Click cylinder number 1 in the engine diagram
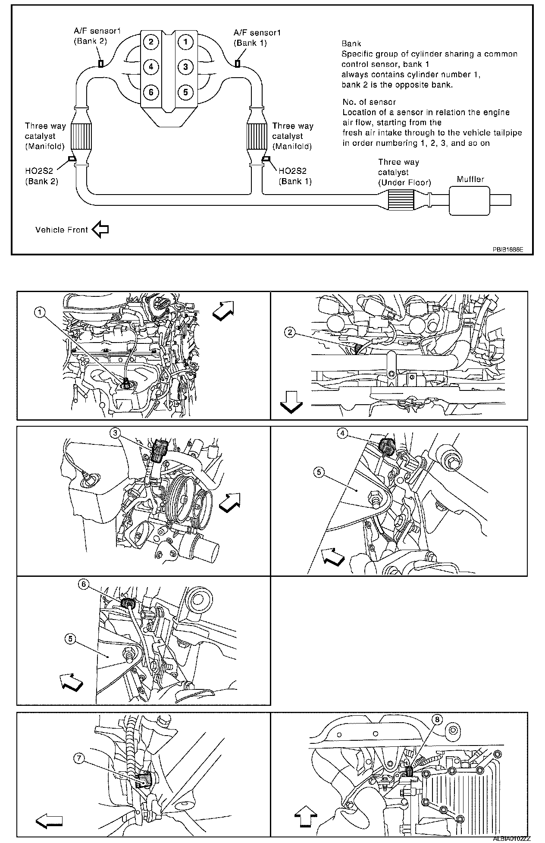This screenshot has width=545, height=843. coord(186,42)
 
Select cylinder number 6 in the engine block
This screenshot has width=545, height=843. coord(151,91)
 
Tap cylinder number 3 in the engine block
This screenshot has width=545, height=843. coord(186,66)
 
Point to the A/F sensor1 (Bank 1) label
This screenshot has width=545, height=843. coord(250,38)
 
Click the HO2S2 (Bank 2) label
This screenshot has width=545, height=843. coord(41,176)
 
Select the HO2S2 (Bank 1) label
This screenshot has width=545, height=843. coord(295,176)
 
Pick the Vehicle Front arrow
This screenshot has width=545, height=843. coord(100,230)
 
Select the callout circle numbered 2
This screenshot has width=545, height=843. coord(290,332)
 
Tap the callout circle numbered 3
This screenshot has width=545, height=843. coord(114,433)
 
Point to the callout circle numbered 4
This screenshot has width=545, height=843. coord(342,433)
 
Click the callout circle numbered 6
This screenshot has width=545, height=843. coord(83,584)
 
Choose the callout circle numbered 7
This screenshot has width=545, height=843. coord(79,759)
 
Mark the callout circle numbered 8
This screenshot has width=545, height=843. coord(437,719)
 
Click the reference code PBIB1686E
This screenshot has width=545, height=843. coord(508,249)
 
